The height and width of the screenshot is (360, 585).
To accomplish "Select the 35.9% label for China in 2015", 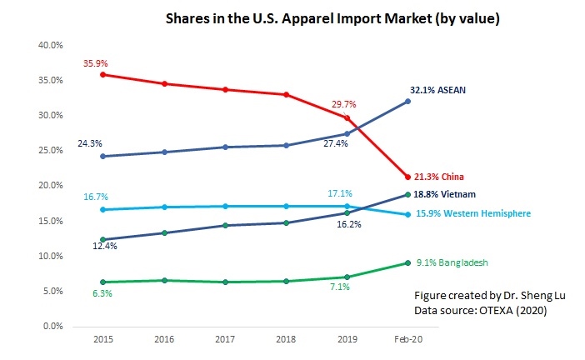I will tap(94, 62).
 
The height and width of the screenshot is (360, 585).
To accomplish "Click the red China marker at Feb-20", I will tap(407, 177).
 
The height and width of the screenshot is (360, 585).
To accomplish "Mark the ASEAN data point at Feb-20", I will tap(407, 102).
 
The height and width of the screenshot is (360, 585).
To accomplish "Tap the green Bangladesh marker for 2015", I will tap(102, 282).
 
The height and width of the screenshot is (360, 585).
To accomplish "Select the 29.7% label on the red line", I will tap(342, 104).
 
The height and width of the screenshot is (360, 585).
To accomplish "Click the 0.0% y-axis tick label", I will tap(53, 326).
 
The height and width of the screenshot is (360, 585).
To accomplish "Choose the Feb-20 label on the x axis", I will tap(407, 342).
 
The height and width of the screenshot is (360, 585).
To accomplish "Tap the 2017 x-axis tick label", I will tap(224, 342).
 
